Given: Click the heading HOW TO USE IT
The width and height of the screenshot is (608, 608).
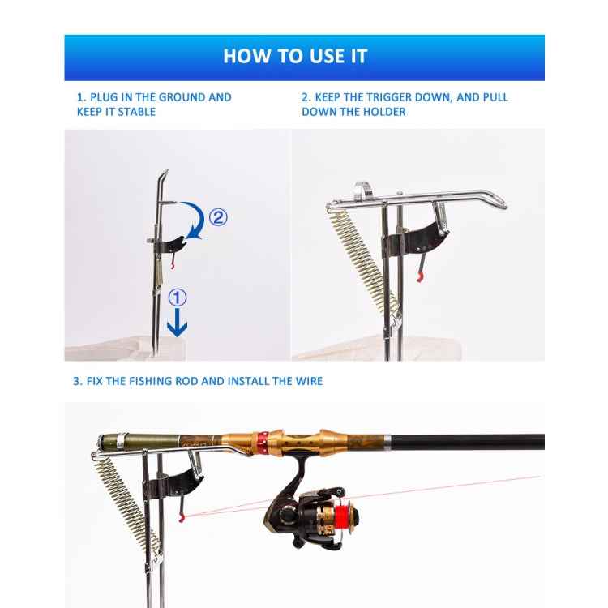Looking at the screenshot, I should [x=295, y=56].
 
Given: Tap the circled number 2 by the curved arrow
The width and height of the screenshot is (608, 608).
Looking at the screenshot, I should [x=218, y=216].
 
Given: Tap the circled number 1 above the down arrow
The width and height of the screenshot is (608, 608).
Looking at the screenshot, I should [x=176, y=296].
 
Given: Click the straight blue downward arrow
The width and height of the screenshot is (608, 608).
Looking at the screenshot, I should [x=177, y=323].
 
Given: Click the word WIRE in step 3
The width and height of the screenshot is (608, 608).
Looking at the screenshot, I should [x=306, y=381].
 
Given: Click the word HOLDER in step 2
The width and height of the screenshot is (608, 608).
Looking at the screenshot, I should [x=386, y=112].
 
